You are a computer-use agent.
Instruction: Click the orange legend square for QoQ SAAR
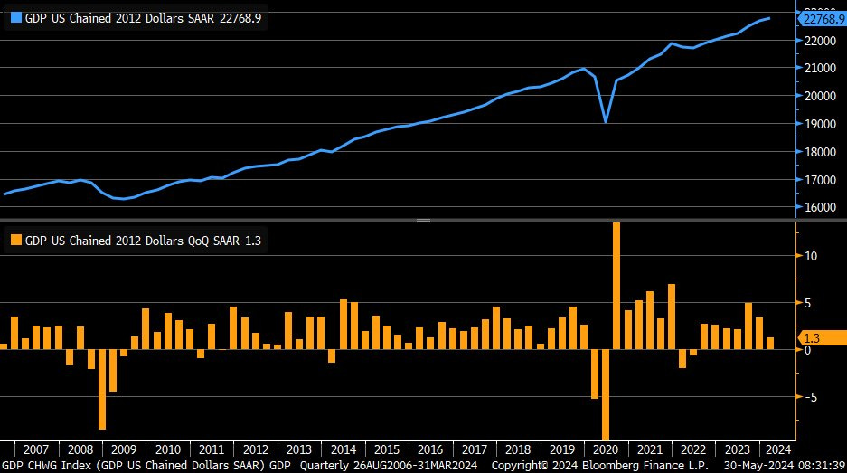(14, 241)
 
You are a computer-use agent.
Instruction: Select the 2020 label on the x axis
(605, 449)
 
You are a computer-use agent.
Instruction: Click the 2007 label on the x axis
(35, 449)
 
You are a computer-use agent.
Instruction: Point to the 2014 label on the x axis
(343, 449)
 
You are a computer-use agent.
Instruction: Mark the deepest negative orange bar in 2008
(102, 389)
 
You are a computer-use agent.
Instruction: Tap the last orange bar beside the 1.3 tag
(770, 343)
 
